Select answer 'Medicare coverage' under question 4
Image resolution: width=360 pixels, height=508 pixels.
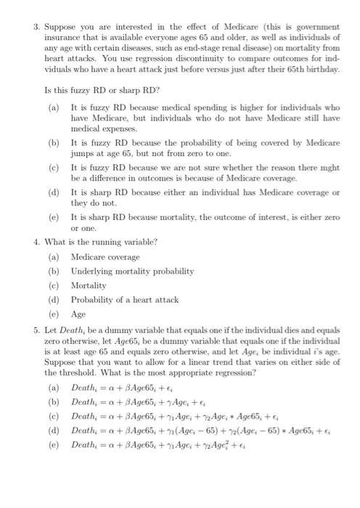[105, 257]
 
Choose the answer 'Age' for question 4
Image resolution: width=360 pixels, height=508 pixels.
[78, 314]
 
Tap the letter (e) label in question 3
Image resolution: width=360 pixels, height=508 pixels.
[53, 216]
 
